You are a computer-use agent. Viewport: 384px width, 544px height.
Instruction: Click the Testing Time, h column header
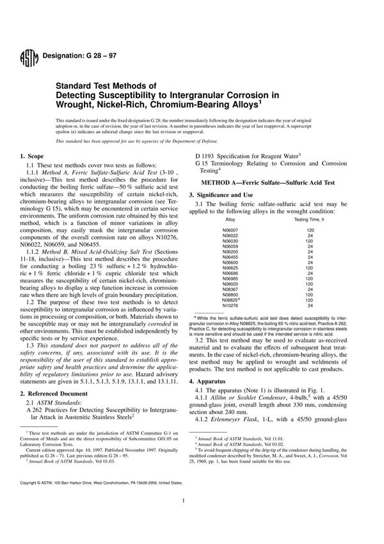pos(309,220)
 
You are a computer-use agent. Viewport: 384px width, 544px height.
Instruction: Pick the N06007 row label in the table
pos(230,229)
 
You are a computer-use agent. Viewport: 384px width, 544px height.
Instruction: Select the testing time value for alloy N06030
pos(310,241)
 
